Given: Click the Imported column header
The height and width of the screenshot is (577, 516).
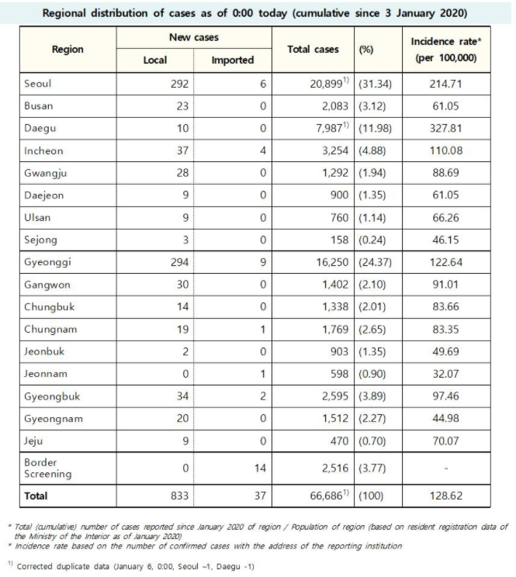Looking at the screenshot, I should click(x=233, y=60).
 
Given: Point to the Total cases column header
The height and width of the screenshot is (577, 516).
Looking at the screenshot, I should click(x=313, y=49).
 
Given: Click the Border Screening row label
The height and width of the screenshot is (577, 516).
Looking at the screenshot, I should click(x=47, y=468).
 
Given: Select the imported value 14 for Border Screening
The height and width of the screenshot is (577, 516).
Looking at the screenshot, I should click(x=260, y=468).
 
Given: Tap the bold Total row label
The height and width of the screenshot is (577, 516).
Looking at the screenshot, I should click(x=36, y=495).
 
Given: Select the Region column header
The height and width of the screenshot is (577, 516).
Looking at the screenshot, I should click(x=68, y=49).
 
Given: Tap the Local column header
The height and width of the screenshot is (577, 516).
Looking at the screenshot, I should click(x=155, y=60).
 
